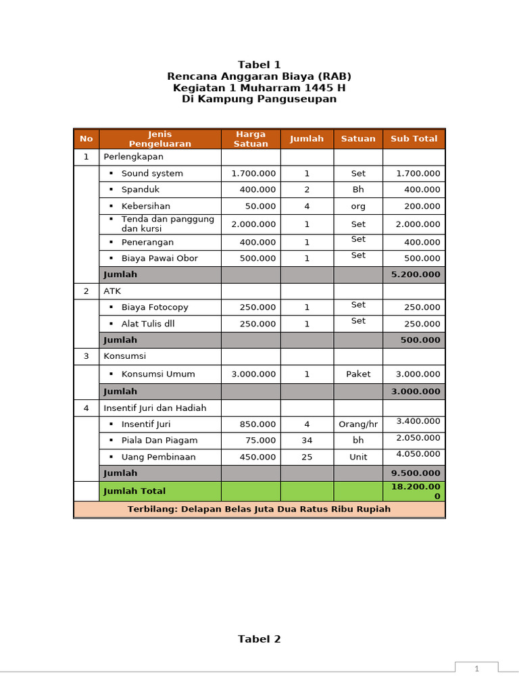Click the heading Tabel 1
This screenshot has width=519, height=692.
pyautogui.click(x=259, y=65)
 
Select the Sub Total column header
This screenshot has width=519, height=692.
pyautogui.click(x=414, y=139)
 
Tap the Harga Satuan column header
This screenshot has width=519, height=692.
pyautogui.click(x=251, y=139)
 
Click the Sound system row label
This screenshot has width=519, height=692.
pyautogui.click(x=152, y=174)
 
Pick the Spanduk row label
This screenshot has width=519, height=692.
pyautogui.click(x=141, y=190)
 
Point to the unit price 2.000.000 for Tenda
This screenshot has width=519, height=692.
pyautogui.click(x=253, y=224)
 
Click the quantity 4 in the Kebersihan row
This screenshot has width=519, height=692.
pyautogui.click(x=307, y=206)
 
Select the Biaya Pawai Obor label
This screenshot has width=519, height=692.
pyautogui.click(x=159, y=258)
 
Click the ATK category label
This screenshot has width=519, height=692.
pyautogui.click(x=112, y=291)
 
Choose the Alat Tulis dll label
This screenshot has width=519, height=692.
pyautogui.click(x=148, y=324)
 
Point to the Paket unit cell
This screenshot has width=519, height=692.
pyautogui.click(x=358, y=374)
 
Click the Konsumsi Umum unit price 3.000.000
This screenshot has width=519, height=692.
pyautogui.click(x=253, y=374)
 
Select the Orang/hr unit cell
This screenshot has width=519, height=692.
pyautogui.click(x=358, y=424)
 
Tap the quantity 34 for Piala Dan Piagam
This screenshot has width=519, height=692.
pyautogui.click(x=307, y=441)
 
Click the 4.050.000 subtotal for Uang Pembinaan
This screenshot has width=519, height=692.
pyautogui.click(x=418, y=454)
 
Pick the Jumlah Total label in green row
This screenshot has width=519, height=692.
pyautogui.click(x=134, y=491)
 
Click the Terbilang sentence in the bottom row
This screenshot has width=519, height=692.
pyautogui.click(x=259, y=509)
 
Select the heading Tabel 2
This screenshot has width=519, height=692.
pyautogui.click(x=259, y=639)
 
